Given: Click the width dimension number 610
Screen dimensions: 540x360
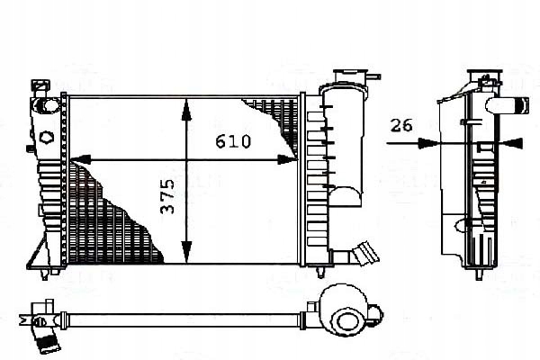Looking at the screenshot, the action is click(233, 141).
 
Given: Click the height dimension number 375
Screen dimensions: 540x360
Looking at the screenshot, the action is click(167, 195).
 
